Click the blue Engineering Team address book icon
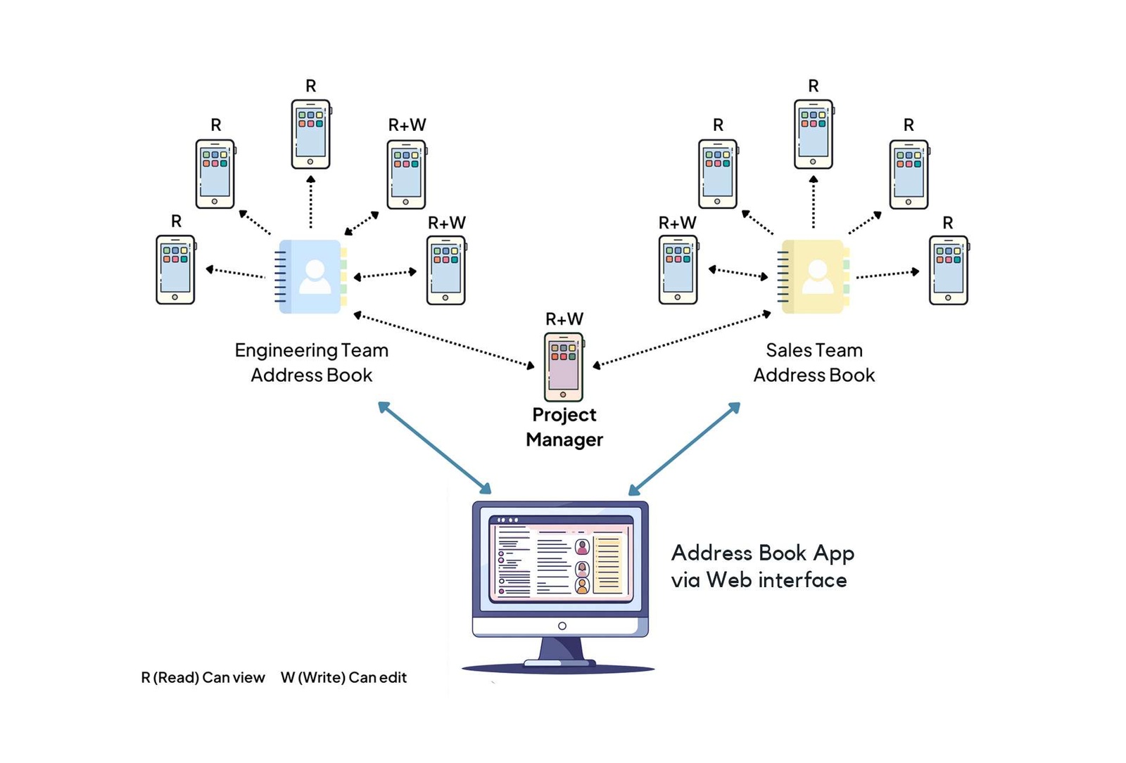pos(311,276)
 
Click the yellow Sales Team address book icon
pos(814,276)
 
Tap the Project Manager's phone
pos(563,366)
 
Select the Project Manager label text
pos(564,427)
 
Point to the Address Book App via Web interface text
pos(762,566)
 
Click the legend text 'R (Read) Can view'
pos(203,677)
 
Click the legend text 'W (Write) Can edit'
pos(343,677)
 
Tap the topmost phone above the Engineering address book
pos(310,134)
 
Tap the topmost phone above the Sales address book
pos(813,134)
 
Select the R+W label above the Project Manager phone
pos(564,319)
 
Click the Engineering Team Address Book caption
pos(311,362)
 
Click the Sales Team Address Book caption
pos(814,362)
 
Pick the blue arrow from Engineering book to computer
pos(434,448)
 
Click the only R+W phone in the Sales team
pos(678,270)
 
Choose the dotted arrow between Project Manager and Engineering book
pos(443,340)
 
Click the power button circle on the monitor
pos(562,626)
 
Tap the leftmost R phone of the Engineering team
pos(175,270)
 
